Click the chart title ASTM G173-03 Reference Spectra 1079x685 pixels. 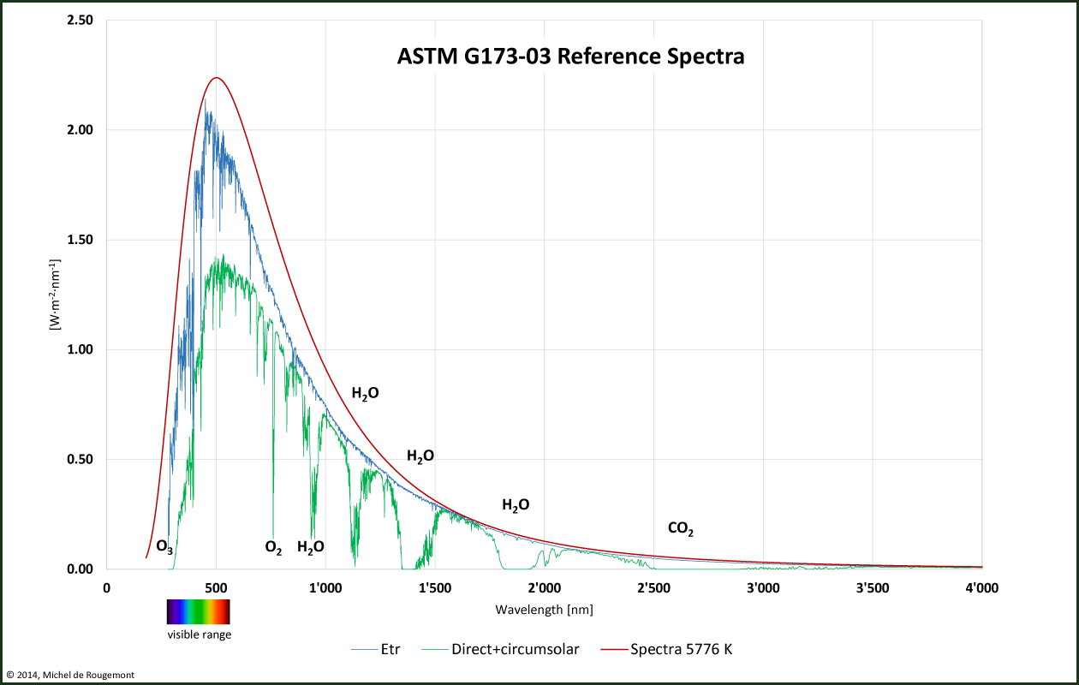pyautogui.click(x=570, y=57)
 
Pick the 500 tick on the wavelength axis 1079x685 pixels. pyautogui.click(x=216, y=587)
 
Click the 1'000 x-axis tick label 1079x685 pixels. pyautogui.click(x=325, y=587)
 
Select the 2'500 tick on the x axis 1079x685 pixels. pyautogui.click(x=653, y=587)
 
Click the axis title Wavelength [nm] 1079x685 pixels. pyautogui.click(x=544, y=610)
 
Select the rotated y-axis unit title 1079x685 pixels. pyautogui.click(x=54, y=294)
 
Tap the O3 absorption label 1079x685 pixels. pyautogui.click(x=164, y=546)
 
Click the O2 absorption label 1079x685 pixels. pyautogui.click(x=273, y=547)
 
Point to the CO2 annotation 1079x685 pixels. pyautogui.click(x=680, y=529)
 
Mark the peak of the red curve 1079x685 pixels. pyautogui.click(x=216, y=78)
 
